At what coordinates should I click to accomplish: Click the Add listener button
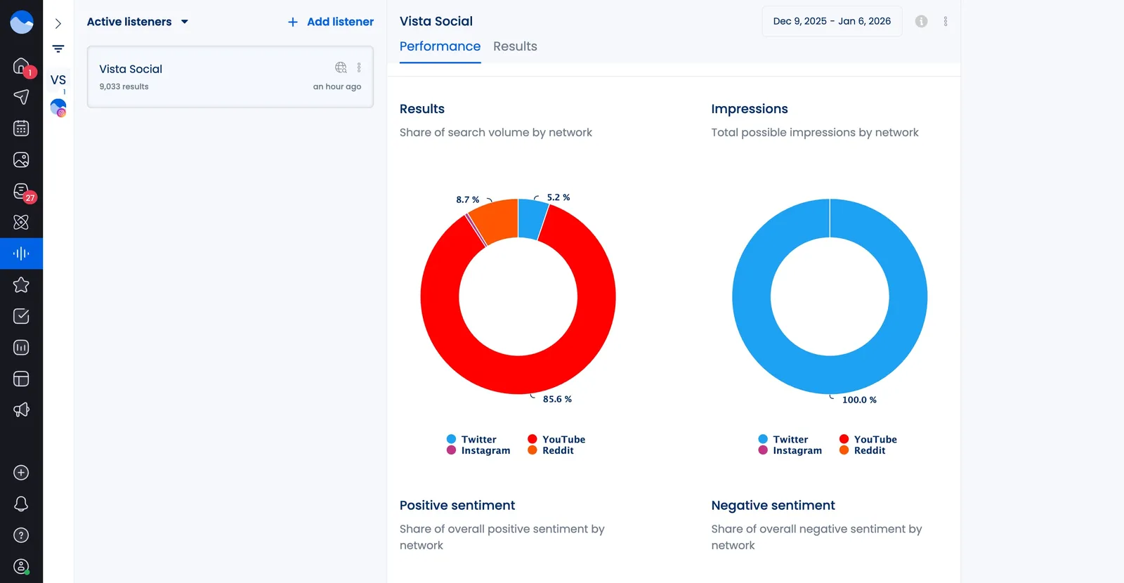pyautogui.click(x=331, y=22)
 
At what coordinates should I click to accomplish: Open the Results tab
pyautogui.click(x=515, y=46)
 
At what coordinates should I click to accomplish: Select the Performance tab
pyautogui.click(x=440, y=46)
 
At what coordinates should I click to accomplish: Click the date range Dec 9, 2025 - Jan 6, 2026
pyautogui.click(x=832, y=21)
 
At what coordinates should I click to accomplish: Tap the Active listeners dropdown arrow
pyautogui.click(x=185, y=22)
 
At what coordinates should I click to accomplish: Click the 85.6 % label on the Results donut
pyautogui.click(x=557, y=399)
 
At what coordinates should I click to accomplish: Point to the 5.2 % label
pyautogui.click(x=558, y=197)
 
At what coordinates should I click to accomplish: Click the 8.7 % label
pyautogui.click(x=467, y=199)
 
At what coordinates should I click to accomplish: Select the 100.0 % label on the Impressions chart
pyautogui.click(x=859, y=400)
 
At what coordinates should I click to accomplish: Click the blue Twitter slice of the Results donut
pyautogui.click(x=531, y=218)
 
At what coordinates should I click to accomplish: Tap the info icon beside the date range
pyautogui.click(x=921, y=22)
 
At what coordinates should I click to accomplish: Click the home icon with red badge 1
pyautogui.click(x=21, y=66)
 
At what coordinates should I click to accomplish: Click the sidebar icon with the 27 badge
pyautogui.click(x=21, y=191)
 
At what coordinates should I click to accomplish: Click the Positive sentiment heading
pyautogui.click(x=457, y=505)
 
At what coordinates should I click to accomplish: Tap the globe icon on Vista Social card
pyautogui.click(x=341, y=67)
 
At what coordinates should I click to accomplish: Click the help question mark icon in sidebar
pyautogui.click(x=21, y=535)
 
